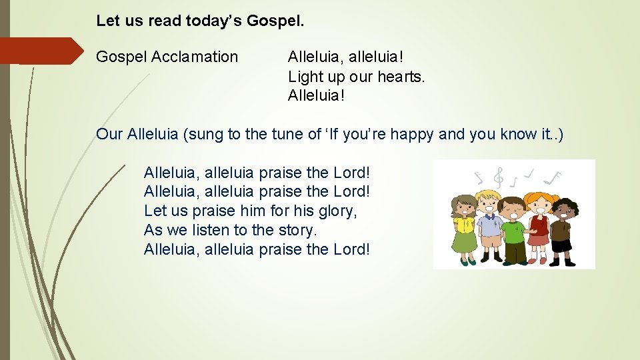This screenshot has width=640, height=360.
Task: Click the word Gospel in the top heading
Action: (x=275, y=21)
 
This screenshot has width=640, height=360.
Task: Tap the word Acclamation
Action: (x=195, y=57)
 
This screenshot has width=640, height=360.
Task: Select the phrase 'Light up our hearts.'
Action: (x=356, y=77)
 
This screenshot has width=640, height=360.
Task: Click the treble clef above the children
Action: (x=497, y=176)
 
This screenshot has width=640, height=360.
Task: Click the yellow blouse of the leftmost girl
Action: (x=464, y=227)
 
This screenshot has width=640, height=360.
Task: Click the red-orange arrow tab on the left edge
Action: (x=40, y=51)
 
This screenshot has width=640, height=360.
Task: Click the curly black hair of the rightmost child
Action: (x=566, y=205)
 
